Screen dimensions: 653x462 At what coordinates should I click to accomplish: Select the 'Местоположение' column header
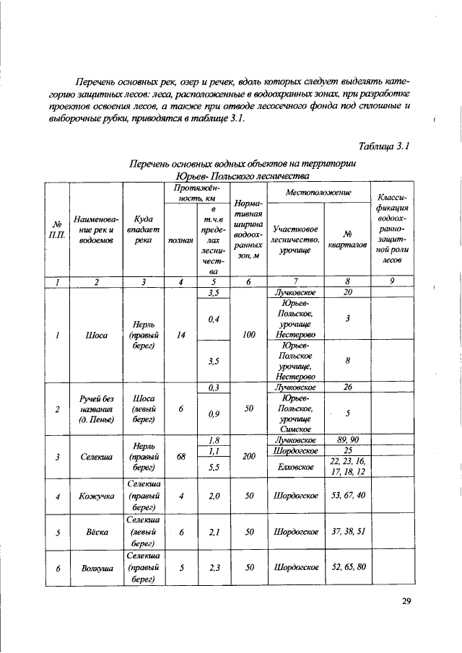318,193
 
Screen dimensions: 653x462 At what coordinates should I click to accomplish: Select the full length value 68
181,456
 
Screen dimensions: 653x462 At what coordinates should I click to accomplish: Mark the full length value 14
181,335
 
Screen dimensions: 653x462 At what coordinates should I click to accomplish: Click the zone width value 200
248,456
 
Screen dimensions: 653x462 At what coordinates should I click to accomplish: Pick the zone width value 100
248,335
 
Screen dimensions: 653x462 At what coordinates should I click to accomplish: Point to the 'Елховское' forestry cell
297,466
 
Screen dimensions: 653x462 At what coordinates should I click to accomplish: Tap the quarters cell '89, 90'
347,439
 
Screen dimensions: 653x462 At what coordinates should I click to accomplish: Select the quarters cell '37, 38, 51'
347,532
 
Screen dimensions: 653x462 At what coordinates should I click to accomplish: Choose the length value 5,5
212,467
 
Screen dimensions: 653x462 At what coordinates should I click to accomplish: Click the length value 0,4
212,318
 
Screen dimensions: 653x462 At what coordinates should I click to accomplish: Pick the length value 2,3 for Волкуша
212,568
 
